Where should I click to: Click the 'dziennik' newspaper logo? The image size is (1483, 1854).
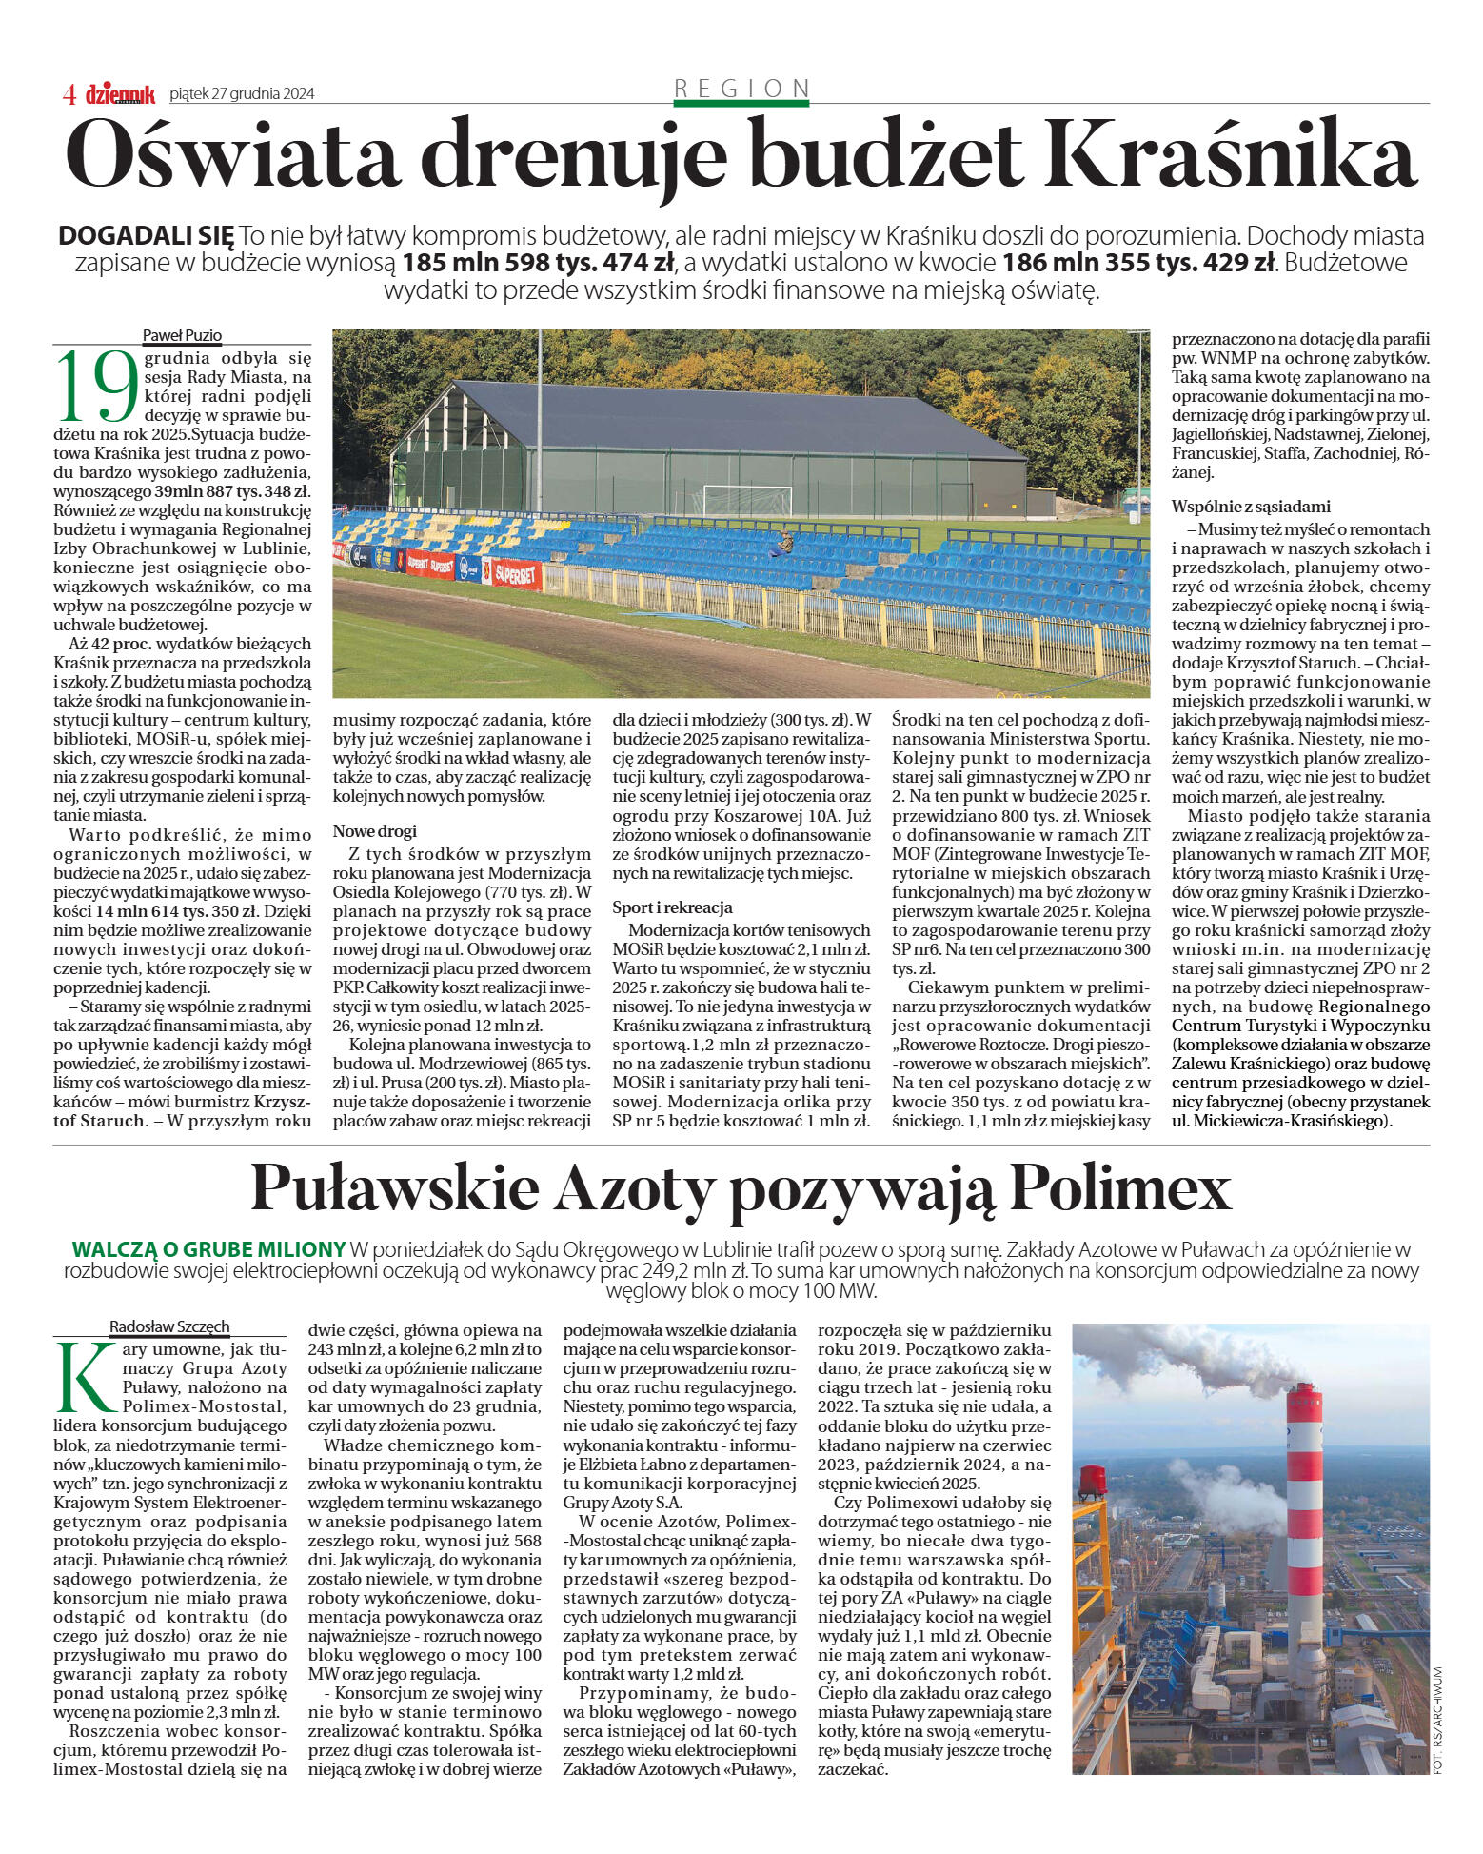(x=120, y=93)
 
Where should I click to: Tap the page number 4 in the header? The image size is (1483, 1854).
(x=69, y=94)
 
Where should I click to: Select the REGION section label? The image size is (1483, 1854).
(x=741, y=89)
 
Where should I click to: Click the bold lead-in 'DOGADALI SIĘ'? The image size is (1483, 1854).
(x=146, y=235)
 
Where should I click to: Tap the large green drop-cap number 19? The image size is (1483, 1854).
(x=97, y=386)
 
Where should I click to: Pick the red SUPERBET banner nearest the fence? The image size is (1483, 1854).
(x=517, y=574)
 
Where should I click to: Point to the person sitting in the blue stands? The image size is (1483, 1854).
(x=786, y=544)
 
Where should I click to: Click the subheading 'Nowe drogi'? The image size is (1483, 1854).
(x=375, y=831)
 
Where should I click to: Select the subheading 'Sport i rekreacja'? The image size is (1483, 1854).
(x=672, y=907)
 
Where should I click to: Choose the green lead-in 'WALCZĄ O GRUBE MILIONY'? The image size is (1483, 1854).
(x=208, y=1249)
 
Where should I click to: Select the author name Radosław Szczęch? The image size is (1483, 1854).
(x=169, y=1326)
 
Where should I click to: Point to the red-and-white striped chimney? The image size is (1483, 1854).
(x=1304, y=1524)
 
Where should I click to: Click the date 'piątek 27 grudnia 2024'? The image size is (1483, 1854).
(x=242, y=93)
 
